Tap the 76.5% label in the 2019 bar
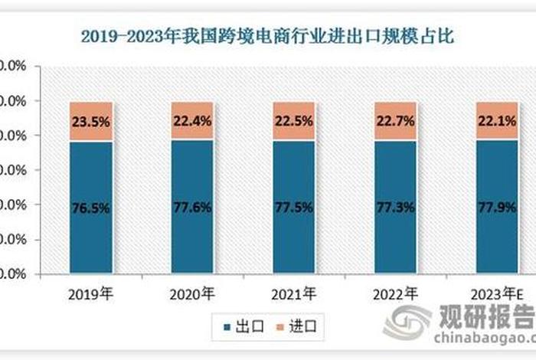point(91,208)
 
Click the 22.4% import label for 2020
point(192,119)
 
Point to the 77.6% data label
point(192,208)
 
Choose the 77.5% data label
point(294,208)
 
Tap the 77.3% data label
point(396,208)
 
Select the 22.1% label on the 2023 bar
point(497,119)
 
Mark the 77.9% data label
point(497,208)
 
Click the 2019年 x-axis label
point(91,293)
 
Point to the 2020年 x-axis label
point(192,293)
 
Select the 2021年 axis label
point(294,293)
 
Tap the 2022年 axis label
point(396,293)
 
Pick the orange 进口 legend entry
point(299,327)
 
